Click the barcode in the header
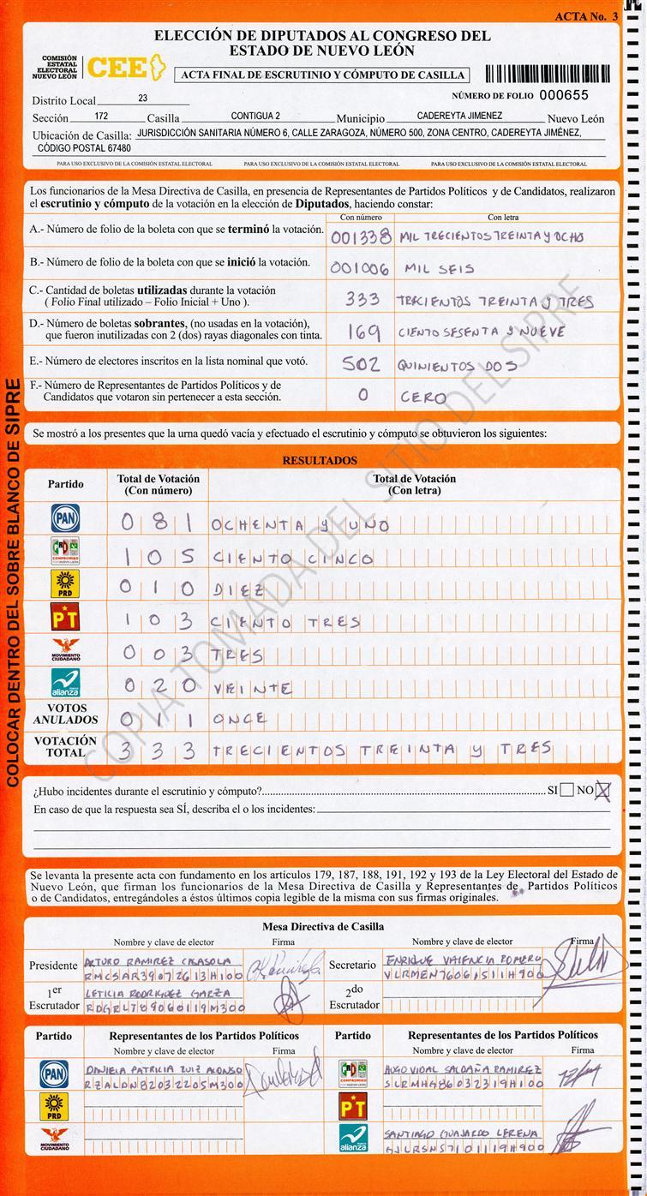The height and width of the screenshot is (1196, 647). pyautogui.click(x=548, y=74)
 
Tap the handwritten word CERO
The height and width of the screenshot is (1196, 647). pyautogui.click(x=422, y=398)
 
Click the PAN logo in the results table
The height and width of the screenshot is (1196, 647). pyautogui.click(x=65, y=518)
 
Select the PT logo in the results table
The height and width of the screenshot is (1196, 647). pyautogui.click(x=65, y=617)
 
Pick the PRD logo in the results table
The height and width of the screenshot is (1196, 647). pyautogui.click(x=65, y=583)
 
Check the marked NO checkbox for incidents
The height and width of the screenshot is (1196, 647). pyautogui.click(x=602, y=790)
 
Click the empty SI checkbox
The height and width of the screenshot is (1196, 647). pyautogui.click(x=566, y=790)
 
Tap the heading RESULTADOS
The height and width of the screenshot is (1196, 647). pyautogui.click(x=320, y=461)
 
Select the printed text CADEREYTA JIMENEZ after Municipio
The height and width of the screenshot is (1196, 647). pyautogui.click(x=459, y=116)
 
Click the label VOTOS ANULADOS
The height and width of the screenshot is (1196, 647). pyautogui.click(x=66, y=715)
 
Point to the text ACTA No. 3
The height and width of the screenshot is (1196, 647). pyautogui.click(x=585, y=16)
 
